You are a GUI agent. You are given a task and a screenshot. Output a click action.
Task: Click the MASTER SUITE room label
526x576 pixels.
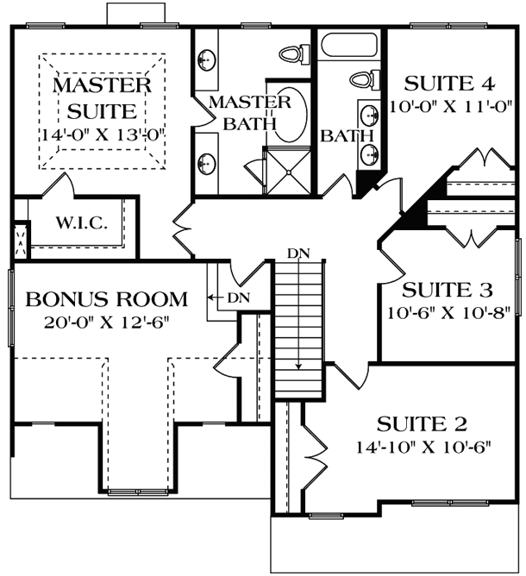[103, 98]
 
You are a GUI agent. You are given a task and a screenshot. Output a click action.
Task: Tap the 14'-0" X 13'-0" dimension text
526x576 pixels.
[103, 135]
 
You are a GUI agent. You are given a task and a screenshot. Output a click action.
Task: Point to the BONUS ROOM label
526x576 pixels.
[106, 300]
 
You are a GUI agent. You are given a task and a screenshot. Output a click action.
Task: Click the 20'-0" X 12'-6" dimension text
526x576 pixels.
[108, 322]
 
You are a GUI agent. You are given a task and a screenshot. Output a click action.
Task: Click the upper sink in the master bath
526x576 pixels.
[207, 59]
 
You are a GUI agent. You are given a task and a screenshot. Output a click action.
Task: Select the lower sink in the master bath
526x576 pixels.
[207, 160]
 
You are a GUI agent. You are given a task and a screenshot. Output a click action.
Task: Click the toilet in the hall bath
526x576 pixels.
[364, 80]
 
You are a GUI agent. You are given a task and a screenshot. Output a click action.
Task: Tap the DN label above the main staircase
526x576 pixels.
[298, 253]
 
